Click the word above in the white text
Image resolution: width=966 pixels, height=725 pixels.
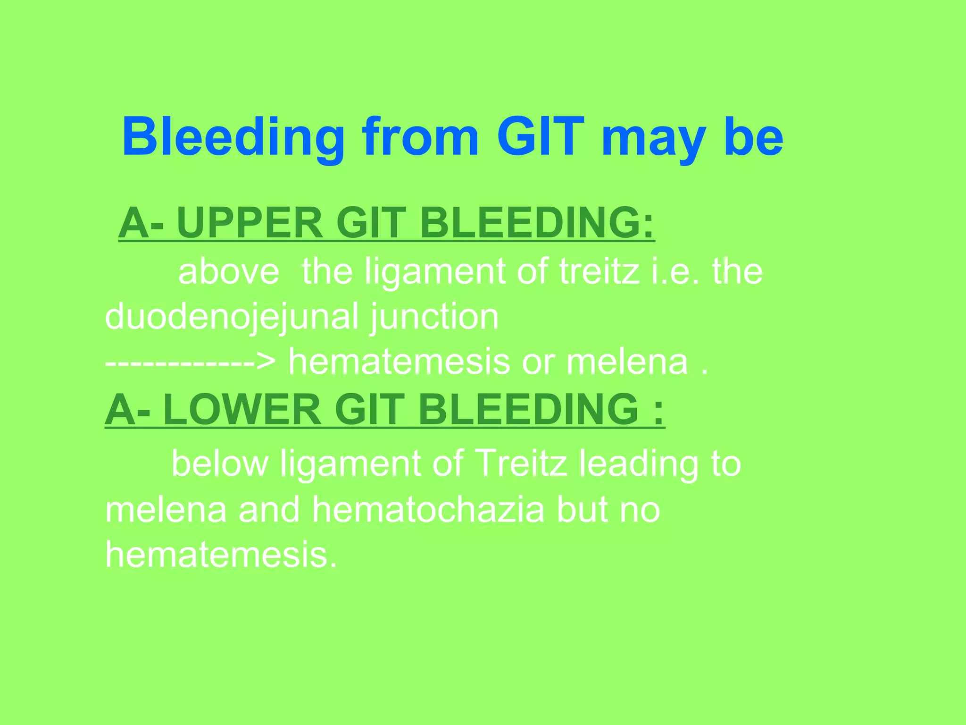tap(229, 272)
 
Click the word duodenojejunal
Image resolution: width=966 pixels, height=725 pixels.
tap(232, 317)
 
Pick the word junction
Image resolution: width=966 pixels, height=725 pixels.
tap(434, 317)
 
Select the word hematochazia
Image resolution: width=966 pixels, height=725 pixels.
tap(427, 510)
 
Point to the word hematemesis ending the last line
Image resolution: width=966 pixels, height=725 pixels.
tap(221, 555)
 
